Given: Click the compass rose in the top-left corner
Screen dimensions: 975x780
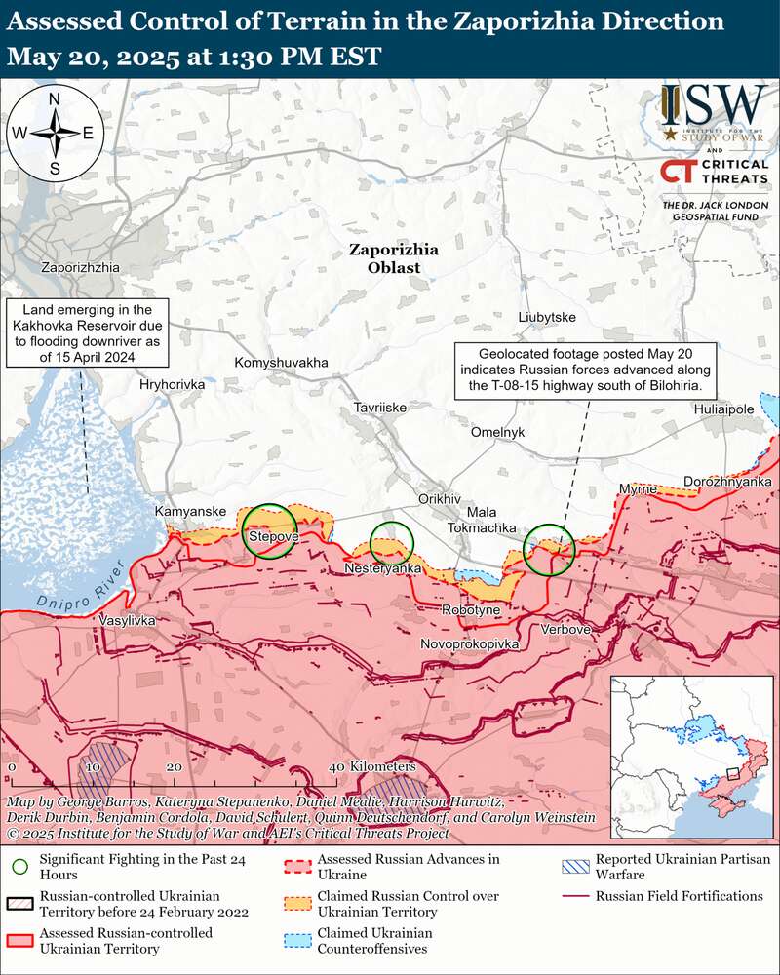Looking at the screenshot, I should [56, 133].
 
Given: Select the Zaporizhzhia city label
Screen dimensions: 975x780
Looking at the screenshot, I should [80, 267].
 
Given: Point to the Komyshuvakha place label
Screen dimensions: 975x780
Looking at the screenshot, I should [281, 363].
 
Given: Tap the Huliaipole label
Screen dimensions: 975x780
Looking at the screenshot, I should [724, 409].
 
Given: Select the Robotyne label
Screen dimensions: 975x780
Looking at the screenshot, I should [471, 609].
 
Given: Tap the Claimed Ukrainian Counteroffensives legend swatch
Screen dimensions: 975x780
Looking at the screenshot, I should [297, 939].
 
